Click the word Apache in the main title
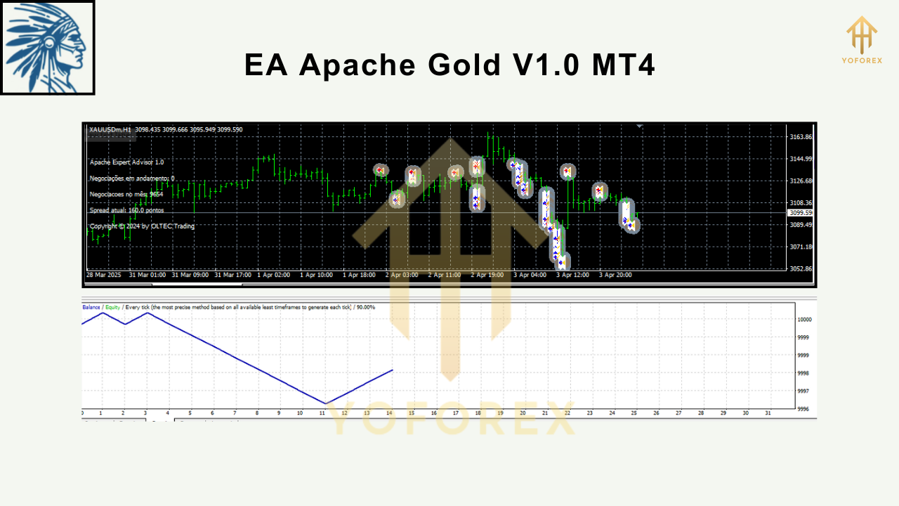coord(358,65)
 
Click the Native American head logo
coord(48,48)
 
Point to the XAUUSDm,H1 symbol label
coord(110,129)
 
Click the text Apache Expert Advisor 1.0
coord(126,162)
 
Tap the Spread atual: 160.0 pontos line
coord(126,210)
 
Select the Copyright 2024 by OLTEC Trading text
coord(143,226)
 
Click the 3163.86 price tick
coord(800,137)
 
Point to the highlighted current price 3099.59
coord(801,212)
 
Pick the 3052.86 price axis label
coord(800,269)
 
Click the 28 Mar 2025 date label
coord(103,275)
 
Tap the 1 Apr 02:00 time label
coord(274,275)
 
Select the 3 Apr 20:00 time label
coord(615,275)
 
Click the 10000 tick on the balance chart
coord(804,320)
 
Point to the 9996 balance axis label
coord(803,409)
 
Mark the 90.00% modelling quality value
coord(364,307)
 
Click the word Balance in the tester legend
coord(91,307)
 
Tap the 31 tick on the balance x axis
coord(768,413)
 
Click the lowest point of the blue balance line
coord(325,404)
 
